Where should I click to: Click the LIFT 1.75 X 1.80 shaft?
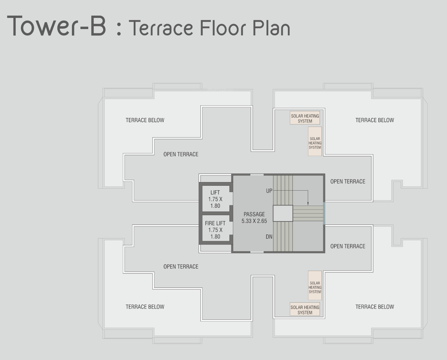point(216,199)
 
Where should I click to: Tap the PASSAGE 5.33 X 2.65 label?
point(254,217)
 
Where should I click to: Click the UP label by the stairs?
point(269,191)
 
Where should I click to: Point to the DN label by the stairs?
point(269,237)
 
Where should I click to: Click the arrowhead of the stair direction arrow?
point(308,204)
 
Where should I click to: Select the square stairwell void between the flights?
point(283,213)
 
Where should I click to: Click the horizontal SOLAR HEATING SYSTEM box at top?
point(305,118)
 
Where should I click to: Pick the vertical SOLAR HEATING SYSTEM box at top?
point(315,141)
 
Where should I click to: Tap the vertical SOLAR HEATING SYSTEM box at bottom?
point(315,285)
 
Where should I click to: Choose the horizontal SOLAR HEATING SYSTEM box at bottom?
point(305,309)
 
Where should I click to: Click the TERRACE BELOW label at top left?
point(145,120)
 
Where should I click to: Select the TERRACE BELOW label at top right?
point(375,120)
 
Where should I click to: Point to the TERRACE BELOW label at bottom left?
point(145,307)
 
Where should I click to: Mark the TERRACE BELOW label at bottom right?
point(375,307)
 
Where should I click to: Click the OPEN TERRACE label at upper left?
point(181,154)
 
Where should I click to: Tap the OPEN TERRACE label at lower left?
point(181,267)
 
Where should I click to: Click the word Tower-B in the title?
point(57,26)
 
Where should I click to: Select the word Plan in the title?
point(271,28)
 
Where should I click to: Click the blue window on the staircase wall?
point(324,213)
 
